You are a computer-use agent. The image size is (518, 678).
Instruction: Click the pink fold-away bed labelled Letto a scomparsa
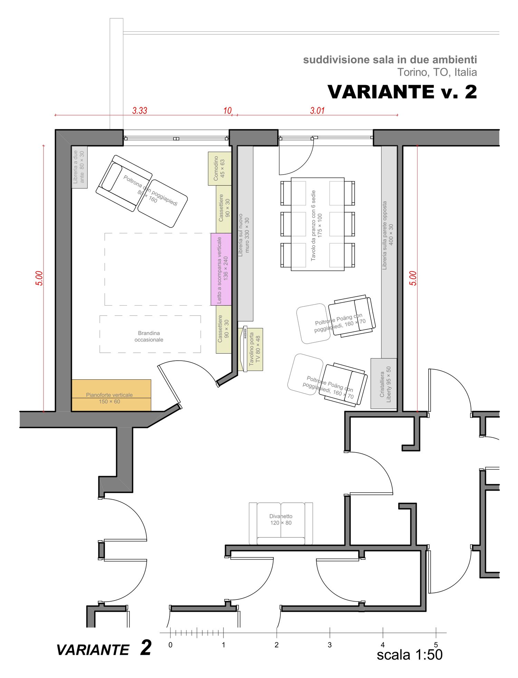(x=221, y=269)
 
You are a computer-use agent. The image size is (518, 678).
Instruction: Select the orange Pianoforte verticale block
(x=111, y=395)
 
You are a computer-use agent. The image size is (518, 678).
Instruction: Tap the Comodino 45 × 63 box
(x=220, y=168)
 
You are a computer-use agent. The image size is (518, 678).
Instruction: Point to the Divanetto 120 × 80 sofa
(x=281, y=523)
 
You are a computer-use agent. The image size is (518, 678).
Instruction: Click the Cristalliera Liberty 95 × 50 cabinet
(x=384, y=383)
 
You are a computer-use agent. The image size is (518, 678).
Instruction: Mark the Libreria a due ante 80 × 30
(x=79, y=167)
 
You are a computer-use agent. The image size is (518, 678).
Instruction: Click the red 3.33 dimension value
(x=140, y=111)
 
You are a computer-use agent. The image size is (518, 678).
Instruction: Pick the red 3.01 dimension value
(x=317, y=111)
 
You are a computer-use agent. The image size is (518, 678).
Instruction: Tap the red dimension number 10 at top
(x=227, y=111)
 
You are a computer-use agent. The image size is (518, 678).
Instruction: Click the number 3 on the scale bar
(x=330, y=645)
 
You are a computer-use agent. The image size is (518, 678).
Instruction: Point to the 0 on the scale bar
(x=170, y=645)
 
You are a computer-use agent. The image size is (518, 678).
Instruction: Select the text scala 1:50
(x=410, y=654)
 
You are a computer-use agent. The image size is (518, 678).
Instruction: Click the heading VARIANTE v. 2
(x=402, y=92)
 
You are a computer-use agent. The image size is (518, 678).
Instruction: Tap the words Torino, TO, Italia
(x=437, y=72)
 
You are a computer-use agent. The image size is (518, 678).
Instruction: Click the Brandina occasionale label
(x=149, y=336)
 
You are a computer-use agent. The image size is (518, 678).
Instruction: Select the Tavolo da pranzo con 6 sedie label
(x=316, y=225)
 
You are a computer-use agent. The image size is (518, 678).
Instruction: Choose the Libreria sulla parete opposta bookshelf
(x=389, y=252)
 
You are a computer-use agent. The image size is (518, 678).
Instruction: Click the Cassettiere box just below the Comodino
(x=224, y=210)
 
